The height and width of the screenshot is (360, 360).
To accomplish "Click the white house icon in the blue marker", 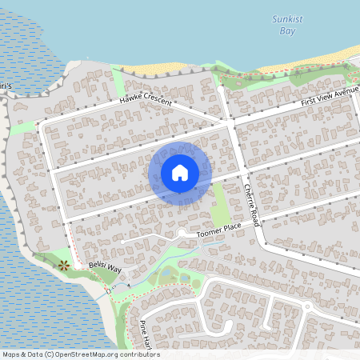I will tap(180, 172).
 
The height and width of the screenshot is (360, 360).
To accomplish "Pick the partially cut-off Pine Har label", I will tap(145, 334).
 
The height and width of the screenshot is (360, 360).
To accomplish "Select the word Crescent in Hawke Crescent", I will tap(162, 95).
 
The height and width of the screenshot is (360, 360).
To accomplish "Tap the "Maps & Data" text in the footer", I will tap(22, 354).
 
